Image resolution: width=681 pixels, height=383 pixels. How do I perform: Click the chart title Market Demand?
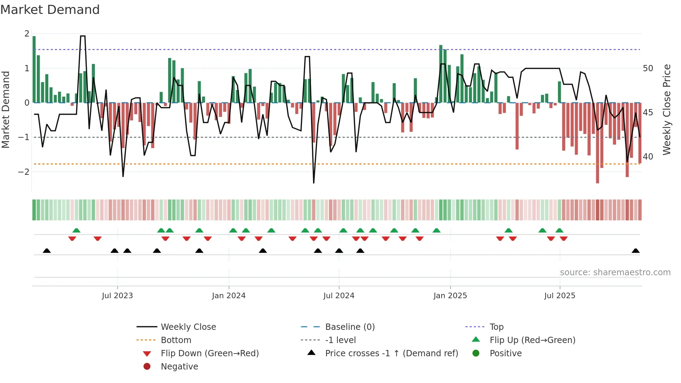click(50, 10)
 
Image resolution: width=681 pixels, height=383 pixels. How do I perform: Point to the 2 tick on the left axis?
click(27, 34)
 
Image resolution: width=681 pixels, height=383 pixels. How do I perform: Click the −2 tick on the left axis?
click(24, 172)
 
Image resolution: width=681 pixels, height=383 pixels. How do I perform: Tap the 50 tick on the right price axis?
click(648, 68)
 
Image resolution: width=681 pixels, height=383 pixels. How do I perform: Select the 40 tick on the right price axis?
click(648, 157)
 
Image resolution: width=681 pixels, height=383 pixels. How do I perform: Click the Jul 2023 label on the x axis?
click(117, 296)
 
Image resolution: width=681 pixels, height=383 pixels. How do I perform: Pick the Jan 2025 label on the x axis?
click(450, 296)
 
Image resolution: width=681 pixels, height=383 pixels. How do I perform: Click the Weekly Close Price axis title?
click(666, 109)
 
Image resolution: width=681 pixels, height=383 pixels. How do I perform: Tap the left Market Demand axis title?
click(6, 109)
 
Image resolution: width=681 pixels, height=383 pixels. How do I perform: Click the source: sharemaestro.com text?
click(615, 272)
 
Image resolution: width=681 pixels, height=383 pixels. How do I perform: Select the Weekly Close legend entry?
click(188, 327)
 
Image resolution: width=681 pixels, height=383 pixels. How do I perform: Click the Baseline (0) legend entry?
click(350, 327)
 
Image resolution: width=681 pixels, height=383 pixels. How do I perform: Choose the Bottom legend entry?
click(176, 340)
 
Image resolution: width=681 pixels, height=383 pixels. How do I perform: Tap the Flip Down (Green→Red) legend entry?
click(210, 353)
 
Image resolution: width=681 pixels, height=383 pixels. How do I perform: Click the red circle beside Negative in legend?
click(147, 367)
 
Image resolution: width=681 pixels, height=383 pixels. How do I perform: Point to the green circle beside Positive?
click(476, 353)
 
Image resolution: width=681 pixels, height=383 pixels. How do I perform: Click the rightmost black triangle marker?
click(635, 251)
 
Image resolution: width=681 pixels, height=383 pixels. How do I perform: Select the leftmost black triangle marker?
click(47, 251)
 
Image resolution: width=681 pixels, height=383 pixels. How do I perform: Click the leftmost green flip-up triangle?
click(76, 230)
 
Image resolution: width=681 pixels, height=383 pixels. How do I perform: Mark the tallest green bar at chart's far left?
click(34, 70)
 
